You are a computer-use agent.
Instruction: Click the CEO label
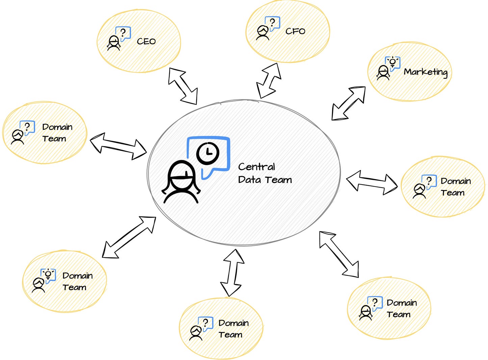point(146,41)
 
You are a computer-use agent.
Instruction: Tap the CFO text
point(295,31)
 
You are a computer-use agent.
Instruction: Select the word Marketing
point(426,72)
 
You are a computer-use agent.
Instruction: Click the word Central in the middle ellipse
point(256,167)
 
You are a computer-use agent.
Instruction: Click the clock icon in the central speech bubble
point(208,153)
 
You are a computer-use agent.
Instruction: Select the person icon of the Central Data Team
point(181,182)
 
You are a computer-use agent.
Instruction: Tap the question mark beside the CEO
point(123,33)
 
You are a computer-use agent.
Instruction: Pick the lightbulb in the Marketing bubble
point(392,62)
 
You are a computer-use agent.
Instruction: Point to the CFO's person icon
point(262,33)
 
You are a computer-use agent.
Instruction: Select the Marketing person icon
point(383,73)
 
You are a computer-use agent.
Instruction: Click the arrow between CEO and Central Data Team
point(183,86)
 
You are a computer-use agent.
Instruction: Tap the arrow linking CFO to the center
point(268,81)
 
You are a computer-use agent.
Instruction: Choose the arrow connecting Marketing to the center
point(348,103)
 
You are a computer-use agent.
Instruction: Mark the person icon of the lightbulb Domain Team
point(38,285)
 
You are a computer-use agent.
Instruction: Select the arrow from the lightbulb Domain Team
point(129,237)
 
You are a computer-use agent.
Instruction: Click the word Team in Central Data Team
point(278,180)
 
